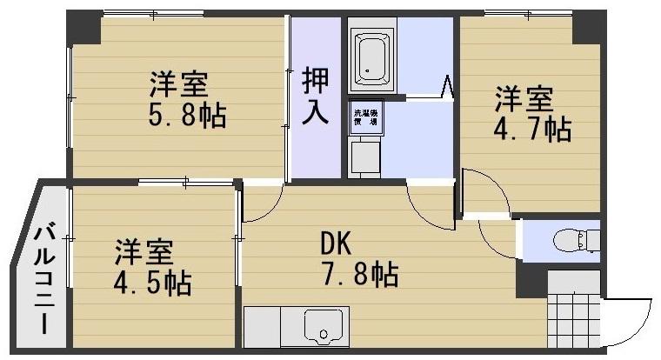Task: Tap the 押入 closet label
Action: [x=315, y=96]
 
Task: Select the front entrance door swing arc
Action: [x=628, y=322]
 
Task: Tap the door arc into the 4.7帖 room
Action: [x=484, y=192]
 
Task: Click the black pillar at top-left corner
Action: [x=85, y=26]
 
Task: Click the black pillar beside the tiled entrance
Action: [x=530, y=278]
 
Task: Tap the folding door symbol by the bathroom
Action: [x=448, y=86]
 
